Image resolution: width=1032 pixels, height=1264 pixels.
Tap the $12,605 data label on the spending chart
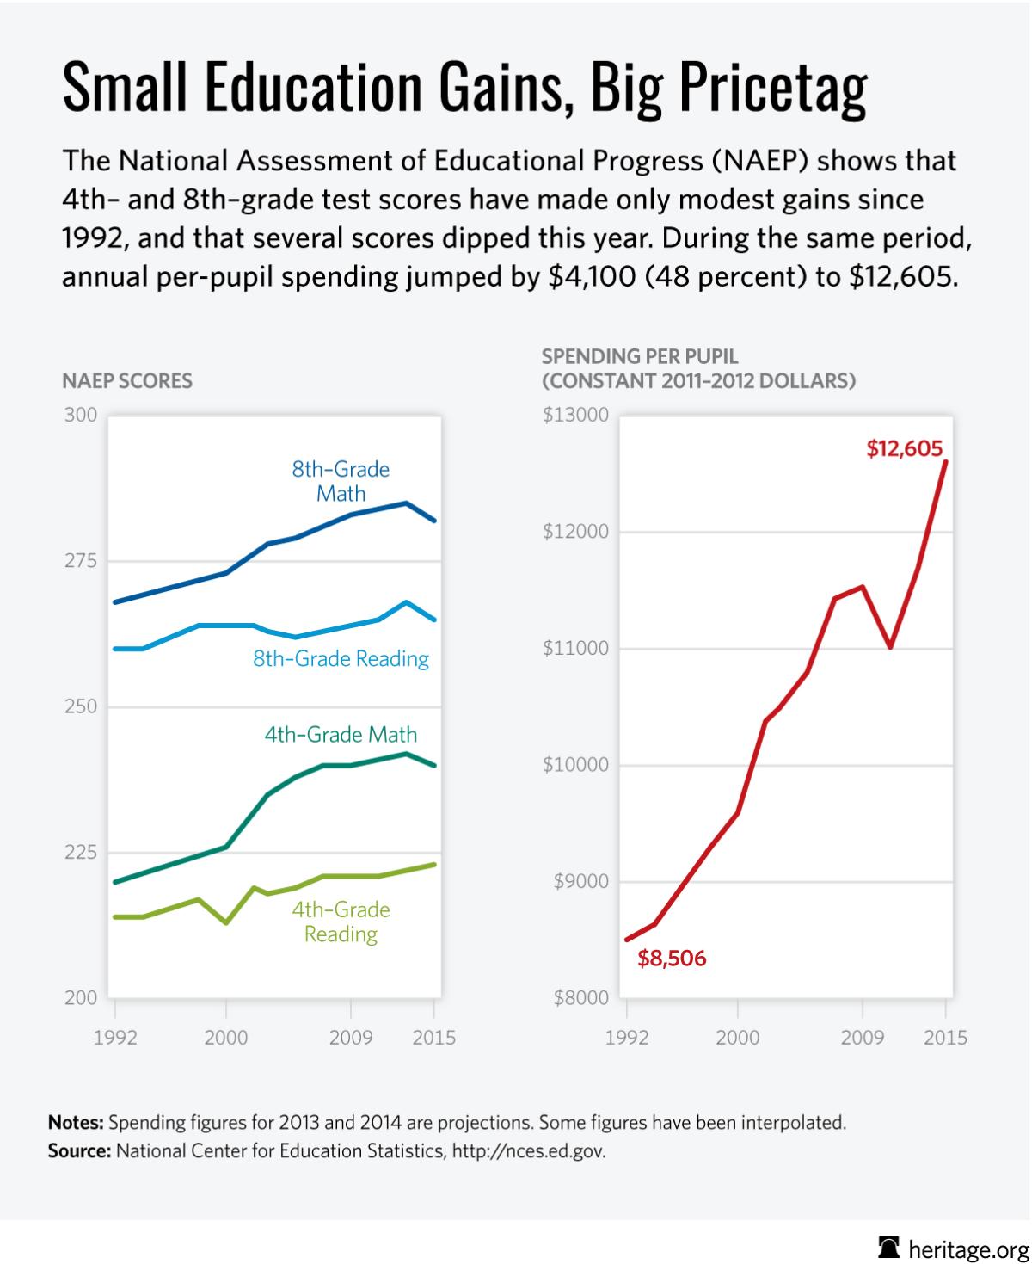point(904,448)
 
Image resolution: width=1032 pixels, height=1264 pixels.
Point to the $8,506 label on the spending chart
point(672,959)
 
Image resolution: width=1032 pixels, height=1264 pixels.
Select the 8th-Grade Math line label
point(341,481)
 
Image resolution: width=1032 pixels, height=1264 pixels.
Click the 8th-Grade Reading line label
point(341,659)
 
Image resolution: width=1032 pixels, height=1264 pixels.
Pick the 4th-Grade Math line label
point(341,735)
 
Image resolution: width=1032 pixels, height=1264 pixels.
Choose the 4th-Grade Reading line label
point(341,922)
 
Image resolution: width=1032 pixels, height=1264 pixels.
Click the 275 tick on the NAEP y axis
point(81,561)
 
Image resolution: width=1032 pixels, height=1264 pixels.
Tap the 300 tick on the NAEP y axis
point(81,415)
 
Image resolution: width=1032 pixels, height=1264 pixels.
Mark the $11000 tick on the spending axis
point(575,648)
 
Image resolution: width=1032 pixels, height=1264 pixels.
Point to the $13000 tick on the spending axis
point(575,415)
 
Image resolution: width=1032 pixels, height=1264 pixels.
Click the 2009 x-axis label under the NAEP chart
point(350,1038)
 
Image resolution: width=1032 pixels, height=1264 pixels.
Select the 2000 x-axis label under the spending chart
point(737,1038)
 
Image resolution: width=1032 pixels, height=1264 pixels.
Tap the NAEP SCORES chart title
point(127,380)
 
